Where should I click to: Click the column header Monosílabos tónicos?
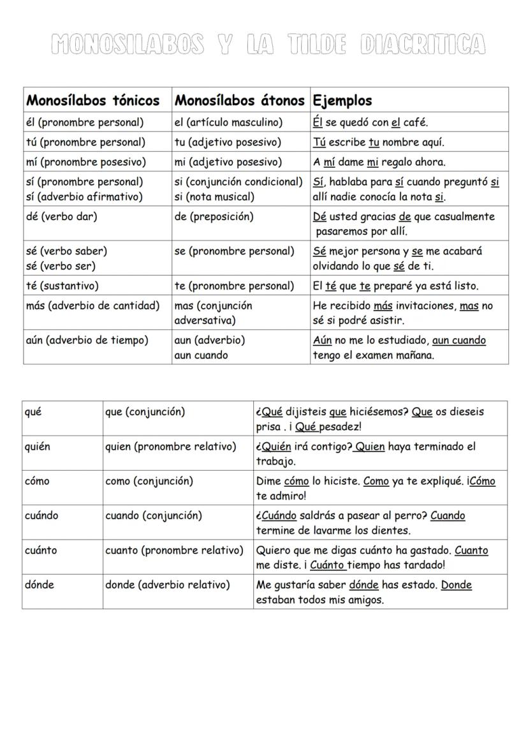(x=93, y=101)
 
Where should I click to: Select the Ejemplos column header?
(x=342, y=101)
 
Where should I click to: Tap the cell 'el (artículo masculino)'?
(x=228, y=122)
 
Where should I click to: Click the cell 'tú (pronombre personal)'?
(x=85, y=142)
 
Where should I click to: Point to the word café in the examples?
(x=415, y=122)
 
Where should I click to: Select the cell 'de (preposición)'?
(x=214, y=216)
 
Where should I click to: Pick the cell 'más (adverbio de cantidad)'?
(x=93, y=305)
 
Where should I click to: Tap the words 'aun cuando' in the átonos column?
(x=201, y=355)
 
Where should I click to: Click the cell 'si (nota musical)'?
(x=214, y=196)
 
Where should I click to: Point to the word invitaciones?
(x=425, y=306)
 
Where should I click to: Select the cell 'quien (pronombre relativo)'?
(x=170, y=446)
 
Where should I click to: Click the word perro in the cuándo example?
(x=412, y=515)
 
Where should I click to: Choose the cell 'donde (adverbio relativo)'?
(x=168, y=584)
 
